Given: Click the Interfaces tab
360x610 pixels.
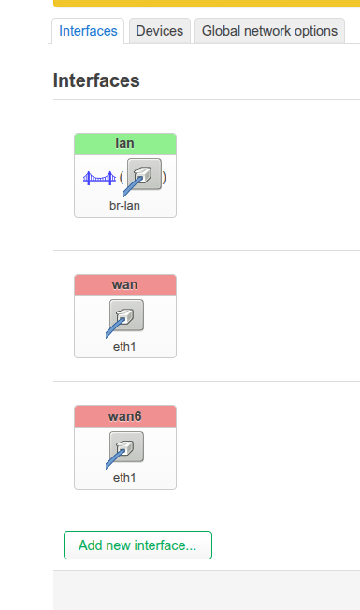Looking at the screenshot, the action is (88, 31).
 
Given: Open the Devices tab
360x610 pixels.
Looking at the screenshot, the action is (159, 31).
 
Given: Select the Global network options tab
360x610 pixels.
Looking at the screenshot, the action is (269, 31).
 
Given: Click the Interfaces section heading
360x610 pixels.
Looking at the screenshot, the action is (96, 80).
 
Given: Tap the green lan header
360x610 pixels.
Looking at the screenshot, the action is (124, 144).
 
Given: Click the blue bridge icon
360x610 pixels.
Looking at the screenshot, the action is (99, 178).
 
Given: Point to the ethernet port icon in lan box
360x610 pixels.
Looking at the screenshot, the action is (143, 177).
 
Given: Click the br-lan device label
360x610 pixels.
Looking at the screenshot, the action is (124, 206).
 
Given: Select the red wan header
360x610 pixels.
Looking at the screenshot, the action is (124, 284).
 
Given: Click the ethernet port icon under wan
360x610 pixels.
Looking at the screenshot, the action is (125, 318).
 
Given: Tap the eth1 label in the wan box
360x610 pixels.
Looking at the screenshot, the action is (124, 346).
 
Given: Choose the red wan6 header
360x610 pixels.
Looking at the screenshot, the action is (124, 416).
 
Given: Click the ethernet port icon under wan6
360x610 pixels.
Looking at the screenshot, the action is (125, 449).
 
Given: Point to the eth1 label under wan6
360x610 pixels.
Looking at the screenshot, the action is (124, 478).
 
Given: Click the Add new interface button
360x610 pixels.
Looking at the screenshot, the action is (137, 545).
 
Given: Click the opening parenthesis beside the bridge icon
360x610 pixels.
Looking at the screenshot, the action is (122, 178).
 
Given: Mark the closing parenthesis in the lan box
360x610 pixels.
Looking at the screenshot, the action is (165, 178).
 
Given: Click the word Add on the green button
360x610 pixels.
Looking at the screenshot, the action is (90, 545).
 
